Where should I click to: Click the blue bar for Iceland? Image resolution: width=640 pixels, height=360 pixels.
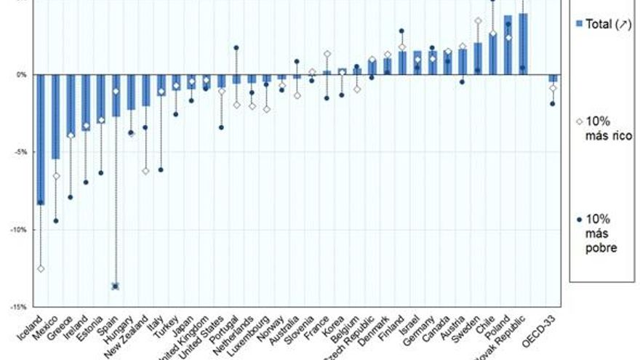click(x=41, y=138)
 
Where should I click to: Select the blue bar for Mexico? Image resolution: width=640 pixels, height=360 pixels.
click(x=56, y=116)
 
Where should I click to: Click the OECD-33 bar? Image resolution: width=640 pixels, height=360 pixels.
click(x=553, y=78)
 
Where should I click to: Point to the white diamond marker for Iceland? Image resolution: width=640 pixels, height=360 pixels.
click(x=41, y=268)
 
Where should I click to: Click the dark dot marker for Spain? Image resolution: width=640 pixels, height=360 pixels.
click(x=116, y=286)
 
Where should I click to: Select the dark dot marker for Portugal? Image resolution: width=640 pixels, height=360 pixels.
click(x=236, y=48)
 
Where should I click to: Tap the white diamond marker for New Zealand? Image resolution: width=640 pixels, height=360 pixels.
click(x=146, y=171)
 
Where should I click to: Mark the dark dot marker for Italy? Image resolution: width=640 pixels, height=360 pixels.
click(x=161, y=169)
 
